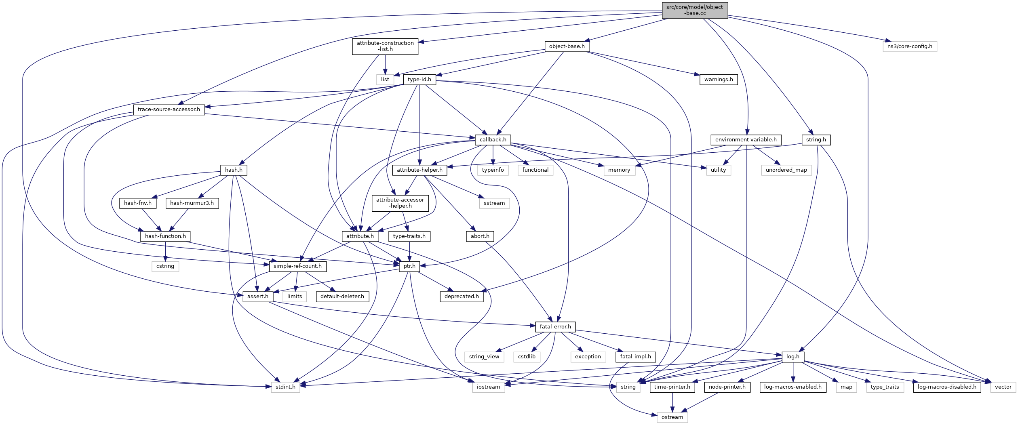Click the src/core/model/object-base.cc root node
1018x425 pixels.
695,10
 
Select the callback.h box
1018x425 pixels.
493,140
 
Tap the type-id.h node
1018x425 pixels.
419,80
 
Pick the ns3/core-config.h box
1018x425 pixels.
910,46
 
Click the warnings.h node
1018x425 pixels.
718,80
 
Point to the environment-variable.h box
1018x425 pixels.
746,140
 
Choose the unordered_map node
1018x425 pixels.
786,170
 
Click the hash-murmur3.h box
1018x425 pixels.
192,203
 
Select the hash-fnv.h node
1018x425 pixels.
138,203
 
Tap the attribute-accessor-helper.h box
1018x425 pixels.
400,203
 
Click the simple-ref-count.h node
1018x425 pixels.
297,266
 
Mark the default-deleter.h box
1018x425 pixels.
342,297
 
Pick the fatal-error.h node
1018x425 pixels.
555,327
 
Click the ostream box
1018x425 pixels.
672,417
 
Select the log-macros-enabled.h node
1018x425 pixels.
792,387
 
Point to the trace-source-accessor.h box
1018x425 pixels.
169,109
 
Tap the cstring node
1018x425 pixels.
165,266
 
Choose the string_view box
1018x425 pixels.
484,357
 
